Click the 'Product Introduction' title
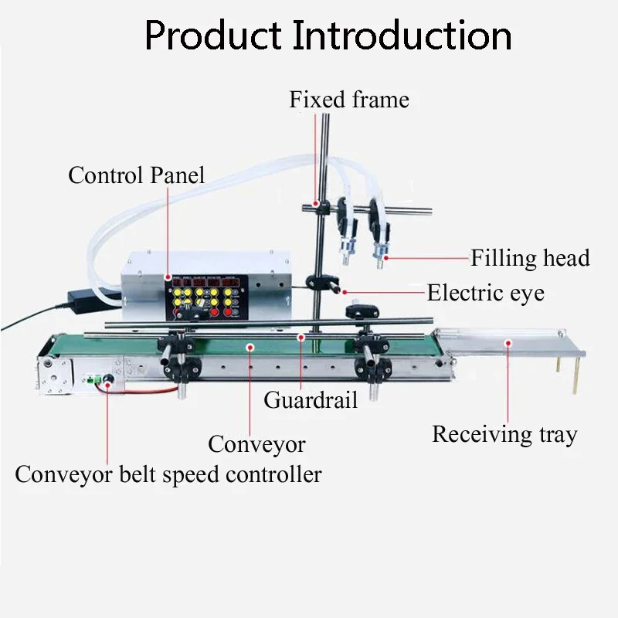point(328,36)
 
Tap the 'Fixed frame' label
point(349,100)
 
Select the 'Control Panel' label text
point(137,175)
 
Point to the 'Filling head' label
point(530,257)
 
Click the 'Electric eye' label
point(485,293)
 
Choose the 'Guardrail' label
point(311,400)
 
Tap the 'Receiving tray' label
point(504,434)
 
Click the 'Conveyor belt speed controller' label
point(168,474)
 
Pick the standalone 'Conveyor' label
point(256,444)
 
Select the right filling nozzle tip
point(379,256)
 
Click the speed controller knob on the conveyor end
point(108,379)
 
